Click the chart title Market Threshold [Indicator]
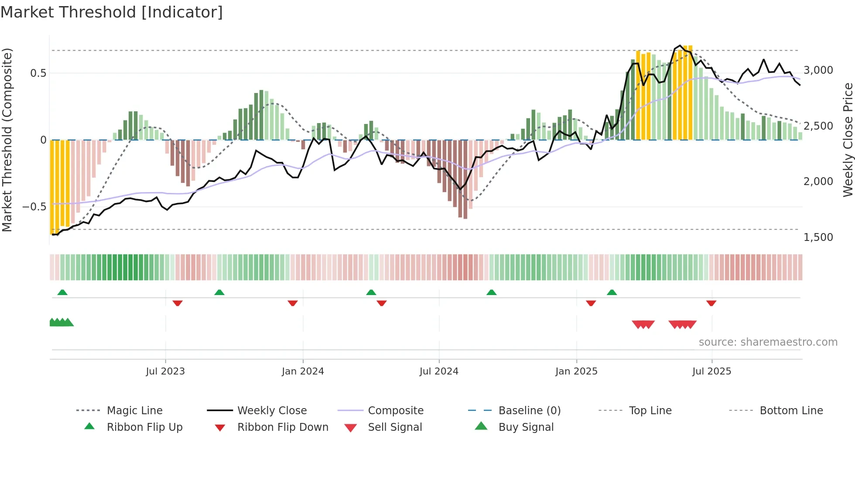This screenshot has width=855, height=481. tap(112, 12)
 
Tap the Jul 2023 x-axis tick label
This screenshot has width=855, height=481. tap(165, 371)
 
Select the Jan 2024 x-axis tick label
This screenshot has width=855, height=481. tap(303, 371)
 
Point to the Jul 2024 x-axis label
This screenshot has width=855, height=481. tap(439, 371)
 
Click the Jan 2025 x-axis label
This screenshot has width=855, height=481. tap(576, 371)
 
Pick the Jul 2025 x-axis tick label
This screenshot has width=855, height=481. tap(711, 371)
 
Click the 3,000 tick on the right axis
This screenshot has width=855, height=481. tap(818, 70)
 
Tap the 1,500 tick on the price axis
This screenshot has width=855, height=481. tap(818, 237)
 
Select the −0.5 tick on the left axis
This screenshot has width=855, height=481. tap(34, 207)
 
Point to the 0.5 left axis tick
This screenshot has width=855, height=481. tap(38, 73)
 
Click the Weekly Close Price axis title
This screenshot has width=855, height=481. tap(848, 140)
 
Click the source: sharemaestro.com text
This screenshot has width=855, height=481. tap(768, 342)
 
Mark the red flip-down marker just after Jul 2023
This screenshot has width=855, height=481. tap(177, 303)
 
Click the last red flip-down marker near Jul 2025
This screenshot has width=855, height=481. tap(711, 303)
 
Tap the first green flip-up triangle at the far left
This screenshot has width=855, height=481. tap(62, 292)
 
